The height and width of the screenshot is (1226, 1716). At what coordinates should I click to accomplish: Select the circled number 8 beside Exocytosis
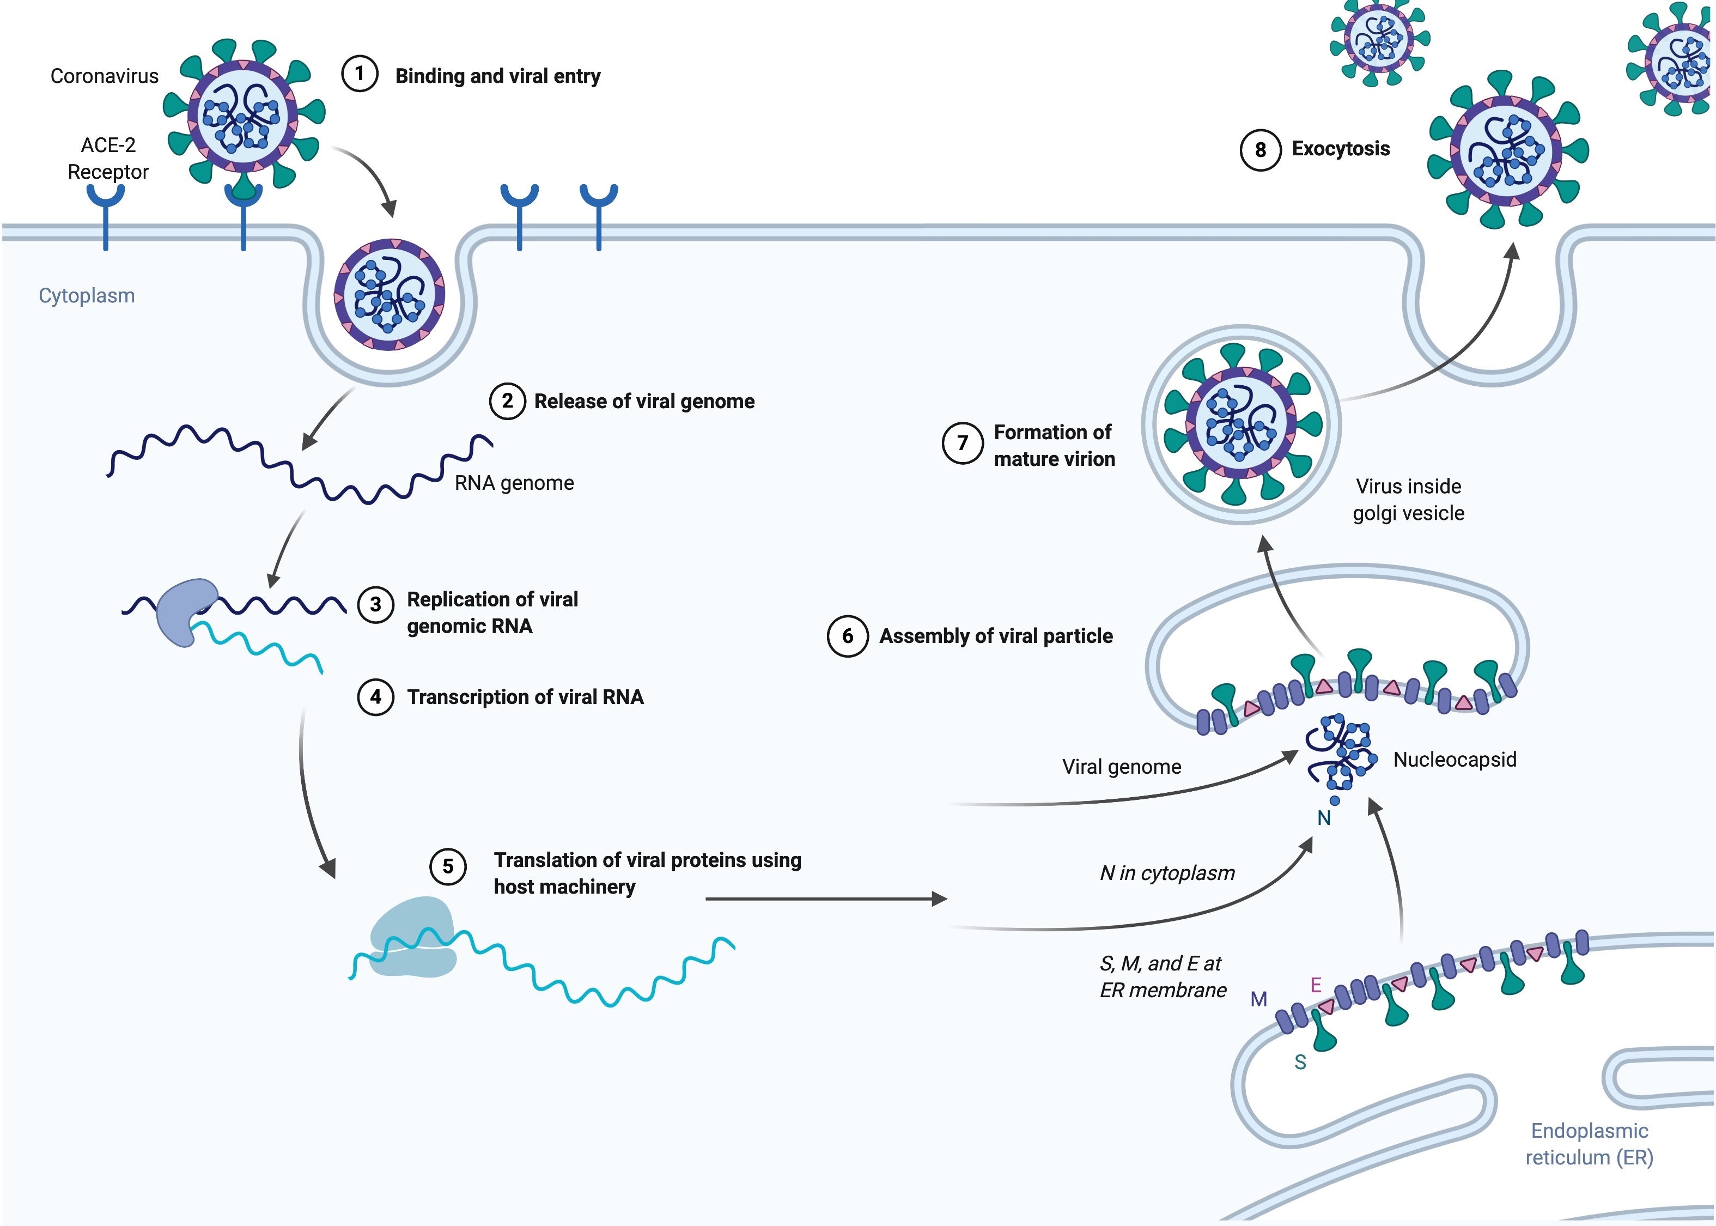pyautogui.click(x=1259, y=150)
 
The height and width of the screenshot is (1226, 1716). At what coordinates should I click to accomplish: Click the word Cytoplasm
pyautogui.click(x=87, y=296)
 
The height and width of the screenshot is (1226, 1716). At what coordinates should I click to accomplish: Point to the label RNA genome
pyautogui.click(x=514, y=483)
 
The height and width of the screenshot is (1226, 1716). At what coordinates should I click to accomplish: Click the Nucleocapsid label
pyautogui.click(x=1454, y=760)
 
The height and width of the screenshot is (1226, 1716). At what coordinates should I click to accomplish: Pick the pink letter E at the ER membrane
pyautogui.click(x=1315, y=985)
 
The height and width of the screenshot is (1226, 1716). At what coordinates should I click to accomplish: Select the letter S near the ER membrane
pyautogui.click(x=1300, y=1062)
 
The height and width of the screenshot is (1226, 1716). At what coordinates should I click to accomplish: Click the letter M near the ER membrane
pyautogui.click(x=1258, y=999)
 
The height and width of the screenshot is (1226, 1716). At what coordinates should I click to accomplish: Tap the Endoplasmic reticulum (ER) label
pyautogui.click(x=1589, y=1144)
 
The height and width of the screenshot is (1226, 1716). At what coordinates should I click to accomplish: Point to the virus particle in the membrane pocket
pyautogui.click(x=390, y=294)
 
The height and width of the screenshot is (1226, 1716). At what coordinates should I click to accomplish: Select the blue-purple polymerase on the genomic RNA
pyautogui.click(x=185, y=611)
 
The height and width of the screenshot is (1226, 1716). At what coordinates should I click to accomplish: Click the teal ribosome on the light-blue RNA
pyautogui.click(x=413, y=936)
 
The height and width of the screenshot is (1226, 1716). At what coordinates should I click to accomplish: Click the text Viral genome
pyautogui.click(x=1121, y=767)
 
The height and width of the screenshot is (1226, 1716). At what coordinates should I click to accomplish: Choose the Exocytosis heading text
pyautogui.click(x=1340, y=149)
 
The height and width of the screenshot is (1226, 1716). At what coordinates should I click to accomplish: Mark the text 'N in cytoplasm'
pyautogui.click(x=1167, y=873)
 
